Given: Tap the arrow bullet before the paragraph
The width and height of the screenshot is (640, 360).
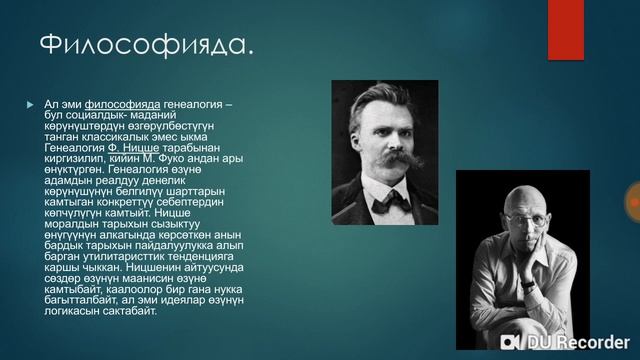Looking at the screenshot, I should pos(30,105).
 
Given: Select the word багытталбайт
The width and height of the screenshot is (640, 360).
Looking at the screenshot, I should pos(80,301).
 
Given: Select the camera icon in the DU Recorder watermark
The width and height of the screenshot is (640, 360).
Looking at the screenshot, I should pos(510,342).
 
